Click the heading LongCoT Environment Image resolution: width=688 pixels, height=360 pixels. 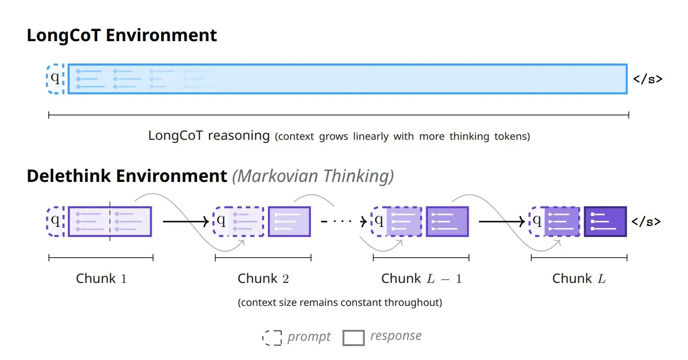coord(122,36)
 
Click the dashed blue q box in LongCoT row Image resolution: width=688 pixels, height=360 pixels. coord(55,79)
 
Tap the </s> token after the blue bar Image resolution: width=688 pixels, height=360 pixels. coord(647,79)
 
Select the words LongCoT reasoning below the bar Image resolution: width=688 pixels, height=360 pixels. coord(209,135)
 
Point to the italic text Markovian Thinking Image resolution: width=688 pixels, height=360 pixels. coord(313,176)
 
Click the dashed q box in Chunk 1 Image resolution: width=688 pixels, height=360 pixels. coord(55,221)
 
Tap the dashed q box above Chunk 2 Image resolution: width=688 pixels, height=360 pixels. coord(222,221)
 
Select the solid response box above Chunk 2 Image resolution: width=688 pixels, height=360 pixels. coord(289,221)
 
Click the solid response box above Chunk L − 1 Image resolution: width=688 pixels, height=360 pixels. coord(447,221)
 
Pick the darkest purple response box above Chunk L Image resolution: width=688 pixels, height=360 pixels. coord(605,221)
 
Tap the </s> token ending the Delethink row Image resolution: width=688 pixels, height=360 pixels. coord(646,222)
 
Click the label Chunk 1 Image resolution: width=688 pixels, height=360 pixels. coord(101,279)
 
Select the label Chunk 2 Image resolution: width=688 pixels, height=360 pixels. coord(263,279)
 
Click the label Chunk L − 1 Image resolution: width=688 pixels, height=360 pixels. coord(422,279)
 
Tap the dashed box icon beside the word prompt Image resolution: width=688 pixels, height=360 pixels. coord(272,338)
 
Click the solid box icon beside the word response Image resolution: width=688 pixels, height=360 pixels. coord(354,338)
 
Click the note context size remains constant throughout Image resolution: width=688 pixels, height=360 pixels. coord(340,303)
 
